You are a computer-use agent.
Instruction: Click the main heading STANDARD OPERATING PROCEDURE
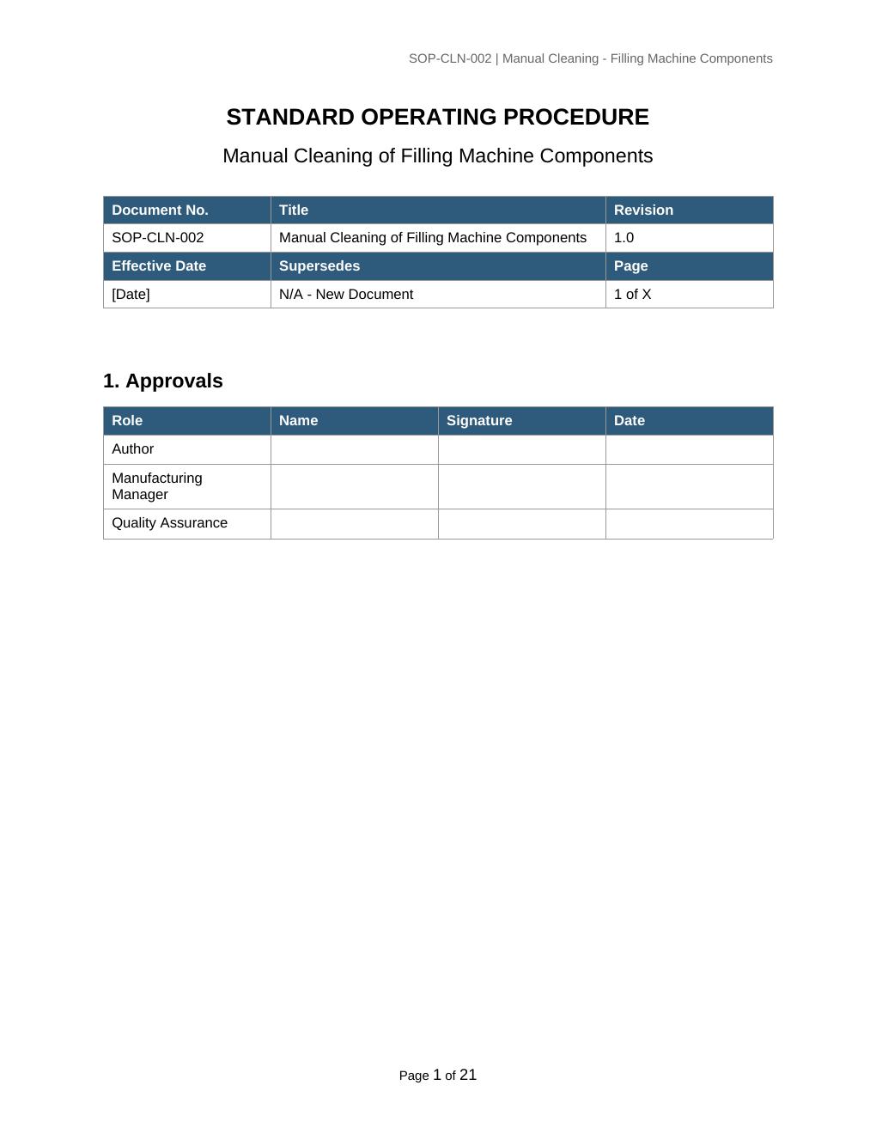(x=437, y=117)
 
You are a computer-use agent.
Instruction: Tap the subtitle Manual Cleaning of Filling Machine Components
(x=437, y=155)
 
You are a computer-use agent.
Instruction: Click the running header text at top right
(x=590, y=58)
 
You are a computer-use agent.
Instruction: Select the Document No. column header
(x=160, y=210)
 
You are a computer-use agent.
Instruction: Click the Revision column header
(x=643, y=210)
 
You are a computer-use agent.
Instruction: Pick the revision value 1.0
(x=624, y=238)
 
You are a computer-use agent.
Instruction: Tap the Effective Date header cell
(x=159, y=266)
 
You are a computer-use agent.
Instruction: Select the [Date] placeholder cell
(x=131, y=295)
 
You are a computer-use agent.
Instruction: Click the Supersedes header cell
(x=319, y=266)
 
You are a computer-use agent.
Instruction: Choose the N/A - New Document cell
(x=346, y=295)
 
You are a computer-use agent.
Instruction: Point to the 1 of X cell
(x=633, y=295)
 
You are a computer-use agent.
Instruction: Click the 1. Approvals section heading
(x=163, y=381)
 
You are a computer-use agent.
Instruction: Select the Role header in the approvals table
(x=127, y=421)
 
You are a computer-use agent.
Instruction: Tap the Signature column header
(x=479, y=421)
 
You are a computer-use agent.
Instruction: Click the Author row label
(x=133, y=449)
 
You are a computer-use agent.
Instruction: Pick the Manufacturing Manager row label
(x=157, y=486)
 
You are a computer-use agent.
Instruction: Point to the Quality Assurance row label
(x=170, y=523)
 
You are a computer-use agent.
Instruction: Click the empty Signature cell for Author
(x=521, y=449)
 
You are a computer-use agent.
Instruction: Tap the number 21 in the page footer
(x=468, y=1075)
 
